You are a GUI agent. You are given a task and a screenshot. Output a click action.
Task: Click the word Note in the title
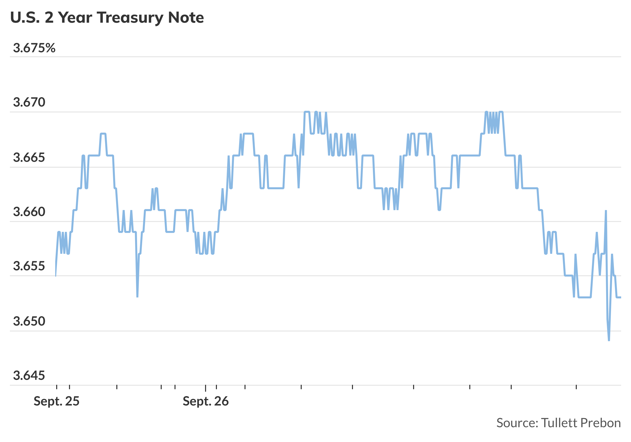coord(186,18)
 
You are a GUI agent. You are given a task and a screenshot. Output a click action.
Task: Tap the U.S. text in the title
coord(25,18)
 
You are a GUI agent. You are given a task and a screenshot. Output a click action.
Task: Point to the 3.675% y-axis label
coord(34,48)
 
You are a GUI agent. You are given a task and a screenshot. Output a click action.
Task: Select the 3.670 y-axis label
coord(29,102)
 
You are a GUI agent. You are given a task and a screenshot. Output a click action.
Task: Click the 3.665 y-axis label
coord(29,158)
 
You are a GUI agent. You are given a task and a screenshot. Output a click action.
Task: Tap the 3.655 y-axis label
coord(29,266)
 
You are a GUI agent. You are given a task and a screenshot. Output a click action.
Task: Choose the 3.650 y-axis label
coord(29,321)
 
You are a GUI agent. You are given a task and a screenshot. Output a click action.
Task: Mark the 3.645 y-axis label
coord(29,376)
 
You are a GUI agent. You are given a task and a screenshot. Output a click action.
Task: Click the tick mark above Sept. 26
coord(206,388)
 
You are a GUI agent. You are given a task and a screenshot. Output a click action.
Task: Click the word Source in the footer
coord(517,423)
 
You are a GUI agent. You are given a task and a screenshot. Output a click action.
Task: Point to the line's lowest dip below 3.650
coord(609,341)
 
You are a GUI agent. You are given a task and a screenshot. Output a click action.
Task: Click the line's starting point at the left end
coord(56,276)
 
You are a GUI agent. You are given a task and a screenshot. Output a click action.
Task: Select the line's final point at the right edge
coord(621,297)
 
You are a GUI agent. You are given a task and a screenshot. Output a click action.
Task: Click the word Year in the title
coord(75,18)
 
